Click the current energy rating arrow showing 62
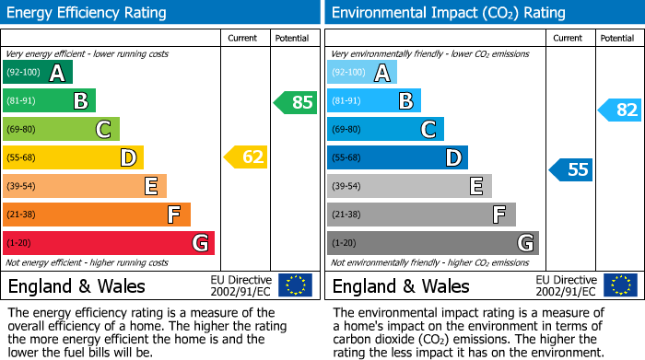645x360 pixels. pyautogui.click(x=246, y=157)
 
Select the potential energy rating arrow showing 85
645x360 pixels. pyautogui.click(x=296, y=102)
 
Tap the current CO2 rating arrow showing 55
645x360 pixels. pyautogui.click(x=571, y=169)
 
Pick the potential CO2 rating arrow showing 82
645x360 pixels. pyautogui.click(x=620, y=110)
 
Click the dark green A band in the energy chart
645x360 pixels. pyautogui.click(x=38, y=73)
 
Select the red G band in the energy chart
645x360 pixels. pyautogui.click(x=109, y=243)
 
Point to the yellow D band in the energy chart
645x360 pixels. pyautogui.click(x=73, y=157)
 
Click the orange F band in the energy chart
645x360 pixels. pyautogui.click(x=97, y=215)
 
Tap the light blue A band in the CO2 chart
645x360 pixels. pyautogui.click(x=362, y=73)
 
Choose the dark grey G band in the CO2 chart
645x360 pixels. pyautogui.click(x=433, y=243)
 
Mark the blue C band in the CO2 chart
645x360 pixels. pyautogui.click(x=385, y=129)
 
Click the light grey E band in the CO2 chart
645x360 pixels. pyautogui.click(x=409, y=186)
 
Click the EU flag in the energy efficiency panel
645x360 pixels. pyautogui.click(x=295, y=285)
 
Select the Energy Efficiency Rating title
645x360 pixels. pyautogui.click(x=88, y=13)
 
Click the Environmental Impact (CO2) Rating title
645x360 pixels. pyautogui.click(x=448, y=13)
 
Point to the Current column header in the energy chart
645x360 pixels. pyautogui.click(x=242, y=38)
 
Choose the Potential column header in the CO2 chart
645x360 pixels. pyautogui.click(x=616, y=38)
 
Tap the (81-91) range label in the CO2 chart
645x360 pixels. pyautogui.click(x=347, y=101)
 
